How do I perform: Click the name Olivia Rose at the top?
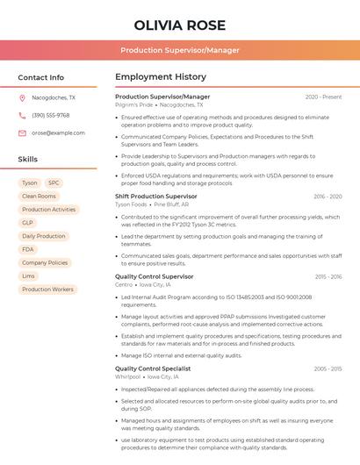coord(180,25)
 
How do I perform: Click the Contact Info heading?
coord(40,77)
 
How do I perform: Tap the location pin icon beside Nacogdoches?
coord(22,97)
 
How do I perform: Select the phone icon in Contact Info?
coord(22,115)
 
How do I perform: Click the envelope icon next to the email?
coord(22,132)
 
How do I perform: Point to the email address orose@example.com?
coord(52,132)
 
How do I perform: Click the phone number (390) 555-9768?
coord(50,115)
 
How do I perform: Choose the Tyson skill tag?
coord(30,183)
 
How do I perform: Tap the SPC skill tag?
coord(54,183)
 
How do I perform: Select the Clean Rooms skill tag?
coord(39,197)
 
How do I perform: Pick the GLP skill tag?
coord(27,223)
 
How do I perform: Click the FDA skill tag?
coord(28,249)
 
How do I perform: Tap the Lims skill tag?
coord(29,275)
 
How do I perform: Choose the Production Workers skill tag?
coord(47,289)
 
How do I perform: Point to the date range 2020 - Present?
coord(323,97)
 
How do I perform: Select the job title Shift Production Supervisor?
coord(155,197)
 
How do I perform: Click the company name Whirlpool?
coord(127,376)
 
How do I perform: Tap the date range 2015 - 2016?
coord(328,276)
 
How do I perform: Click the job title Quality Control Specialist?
coord(153,368)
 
